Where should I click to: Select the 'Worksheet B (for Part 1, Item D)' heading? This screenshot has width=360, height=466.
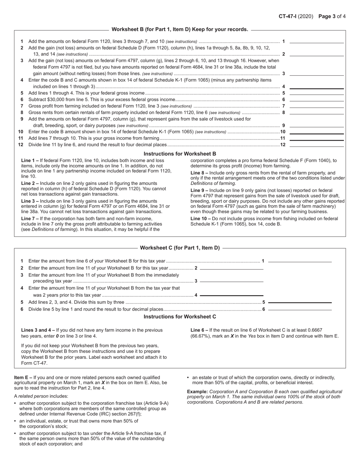pos(180,29)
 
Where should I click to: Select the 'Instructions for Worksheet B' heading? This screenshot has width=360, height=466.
pos(180,154)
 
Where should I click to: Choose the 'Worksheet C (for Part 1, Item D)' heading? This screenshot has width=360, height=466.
pos(180,248)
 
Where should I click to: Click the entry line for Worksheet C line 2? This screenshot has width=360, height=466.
pos(232,269)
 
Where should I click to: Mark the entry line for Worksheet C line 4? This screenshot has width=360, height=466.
pos(232,295)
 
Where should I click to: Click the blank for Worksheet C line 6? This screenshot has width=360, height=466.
pos(300,310)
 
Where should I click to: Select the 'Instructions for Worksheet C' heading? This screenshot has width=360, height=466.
pos(180,317)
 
